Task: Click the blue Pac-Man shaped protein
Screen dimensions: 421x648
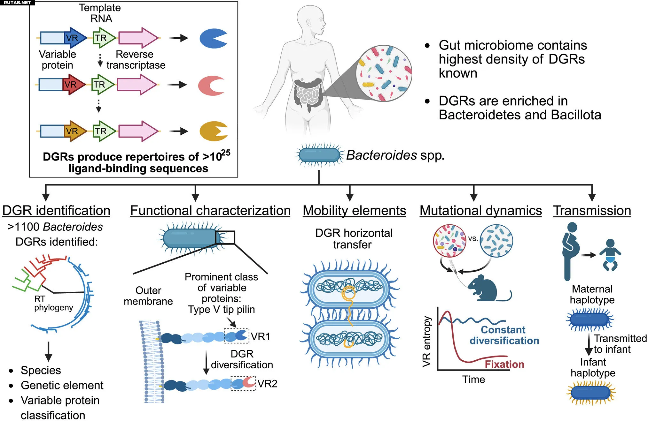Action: (x=212, y=38)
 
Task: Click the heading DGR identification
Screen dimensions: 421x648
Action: (x=56, y=211)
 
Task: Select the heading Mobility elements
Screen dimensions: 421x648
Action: (x=354, y=211)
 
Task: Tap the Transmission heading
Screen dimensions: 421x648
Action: (x=592, y=211)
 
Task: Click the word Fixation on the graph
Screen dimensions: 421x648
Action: (x=504, y=364)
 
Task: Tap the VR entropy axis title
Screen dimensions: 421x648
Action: (x=427, y=342)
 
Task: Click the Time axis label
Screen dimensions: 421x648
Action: (x=473, y=380)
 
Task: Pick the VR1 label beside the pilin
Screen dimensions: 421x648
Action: (x=261, y=336)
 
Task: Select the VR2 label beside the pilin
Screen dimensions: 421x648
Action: (x=267, y=383)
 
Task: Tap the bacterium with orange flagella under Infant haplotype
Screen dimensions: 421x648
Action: (x=591, y=393)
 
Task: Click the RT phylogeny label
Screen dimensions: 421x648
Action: (x=53, y=303)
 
